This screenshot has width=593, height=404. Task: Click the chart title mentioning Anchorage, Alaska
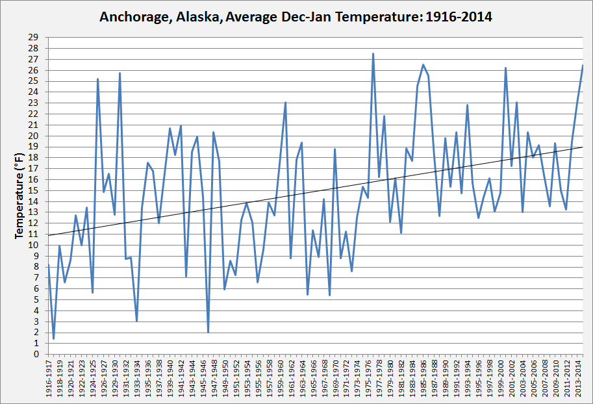coord(296,17)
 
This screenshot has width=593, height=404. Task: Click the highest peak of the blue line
coord(373,54)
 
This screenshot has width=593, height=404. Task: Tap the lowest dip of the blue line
coord(54,338)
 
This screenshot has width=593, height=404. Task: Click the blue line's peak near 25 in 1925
coord(97,79)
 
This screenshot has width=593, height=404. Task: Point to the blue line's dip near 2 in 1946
coord(208,332)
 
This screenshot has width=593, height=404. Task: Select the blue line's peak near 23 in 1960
coord(285,102)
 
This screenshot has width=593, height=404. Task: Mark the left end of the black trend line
coord(48,235)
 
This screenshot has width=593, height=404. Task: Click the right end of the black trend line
coord(583,147)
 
